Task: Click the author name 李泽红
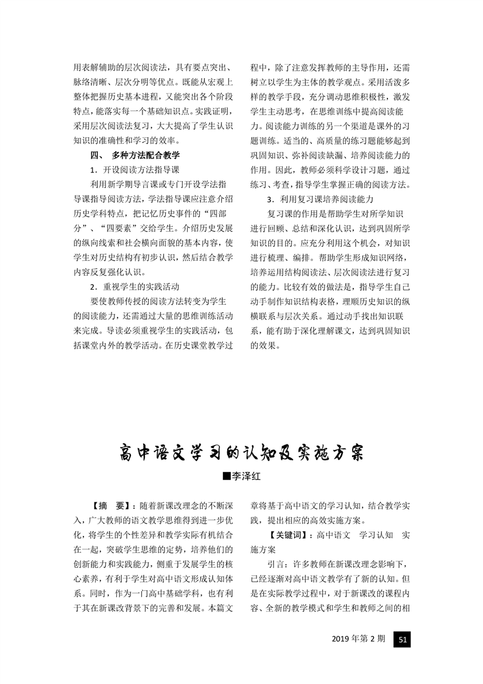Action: click(x=246, y=477)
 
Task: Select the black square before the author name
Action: click(x=227, y=477)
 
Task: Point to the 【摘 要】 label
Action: click(x=108, y=505)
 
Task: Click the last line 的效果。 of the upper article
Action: click(x=266, y=344)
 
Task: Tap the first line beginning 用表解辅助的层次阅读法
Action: click(x=152, y=66)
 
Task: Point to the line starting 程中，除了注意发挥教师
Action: click(x=332, y=66)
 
